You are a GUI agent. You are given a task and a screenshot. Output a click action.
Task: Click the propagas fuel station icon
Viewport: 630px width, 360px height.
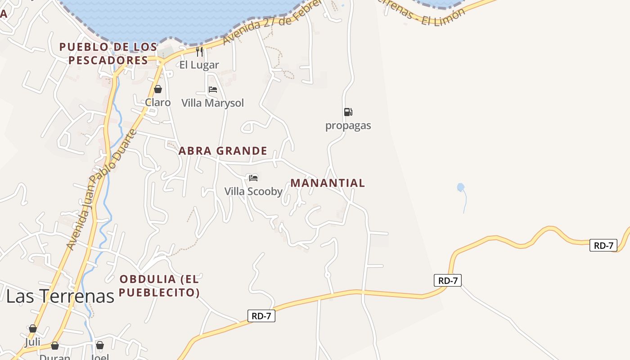pyautogui.click(x=348, y=112)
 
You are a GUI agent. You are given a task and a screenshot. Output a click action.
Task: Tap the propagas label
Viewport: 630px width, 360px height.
pyautogui.click(x=348, y=126)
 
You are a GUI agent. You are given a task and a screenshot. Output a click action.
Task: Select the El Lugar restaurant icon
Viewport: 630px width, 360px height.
pyautogui.click(x=199, y=52)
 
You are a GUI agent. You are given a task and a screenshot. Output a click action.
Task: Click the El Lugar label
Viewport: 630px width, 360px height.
pyautogui.click(x=199, y=65)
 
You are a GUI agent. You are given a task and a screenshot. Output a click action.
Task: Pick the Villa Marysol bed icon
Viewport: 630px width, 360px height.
pyautogui.click(x=213, y=90)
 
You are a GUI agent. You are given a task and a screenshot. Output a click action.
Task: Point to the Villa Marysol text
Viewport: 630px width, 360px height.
pyautogui.click(x=212, y=103)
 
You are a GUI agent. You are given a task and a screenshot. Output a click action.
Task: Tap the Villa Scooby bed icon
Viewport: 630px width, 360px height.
pyautogui.click(x=253, y=178)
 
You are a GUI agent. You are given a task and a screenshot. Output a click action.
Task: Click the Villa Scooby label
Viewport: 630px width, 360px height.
pyautogui.click(x=253, y=191)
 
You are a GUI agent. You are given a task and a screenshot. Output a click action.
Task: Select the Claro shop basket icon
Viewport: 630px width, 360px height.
pyautogui.click(x=157, y=89)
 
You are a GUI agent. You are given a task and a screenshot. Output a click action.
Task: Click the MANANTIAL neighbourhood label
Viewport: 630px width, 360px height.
pyautogui.click(x=328, y=183)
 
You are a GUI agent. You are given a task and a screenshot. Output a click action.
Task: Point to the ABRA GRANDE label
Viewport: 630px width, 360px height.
pyautogui.click(x=223, y=151)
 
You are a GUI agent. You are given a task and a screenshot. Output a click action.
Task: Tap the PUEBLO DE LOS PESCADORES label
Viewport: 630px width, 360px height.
pyautogui.click(x=108, y=54)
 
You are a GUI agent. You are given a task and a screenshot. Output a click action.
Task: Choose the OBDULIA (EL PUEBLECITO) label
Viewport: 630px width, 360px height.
pyautogui.click(x=159, y=286)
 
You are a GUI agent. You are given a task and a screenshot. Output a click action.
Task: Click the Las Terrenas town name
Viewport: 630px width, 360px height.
pyautogui.click(x=60, y=296)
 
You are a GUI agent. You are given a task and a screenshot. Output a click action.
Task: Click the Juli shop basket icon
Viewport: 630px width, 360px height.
pyautogui.click(x=32, y=329)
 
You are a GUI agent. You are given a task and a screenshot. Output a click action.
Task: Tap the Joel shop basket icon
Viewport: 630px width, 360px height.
pyautogui.click(x=100, y=345)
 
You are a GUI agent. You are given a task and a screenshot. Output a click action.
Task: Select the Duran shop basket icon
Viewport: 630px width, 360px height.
pyautogui.click(x=55, y=346)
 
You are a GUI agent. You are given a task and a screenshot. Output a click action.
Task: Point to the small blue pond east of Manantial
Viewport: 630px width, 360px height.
pyautogui.click(x=460, y=187)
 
